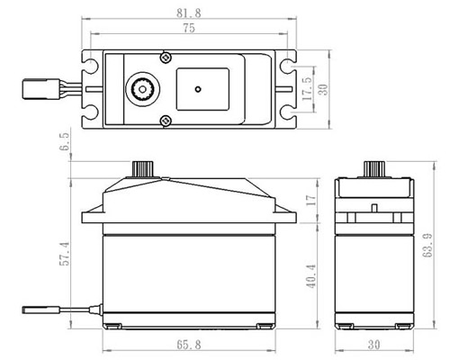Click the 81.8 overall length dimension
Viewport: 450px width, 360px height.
tap(189, 13)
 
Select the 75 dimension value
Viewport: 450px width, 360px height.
tap(189, 28)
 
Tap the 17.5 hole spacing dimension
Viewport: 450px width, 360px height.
tap(308, 88)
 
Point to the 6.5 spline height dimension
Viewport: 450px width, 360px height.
tap(66, 141)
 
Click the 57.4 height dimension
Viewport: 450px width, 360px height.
tap(65, 254)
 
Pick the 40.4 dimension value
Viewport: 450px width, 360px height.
tap(310, 276)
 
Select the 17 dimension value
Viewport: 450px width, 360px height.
tap(310, 200)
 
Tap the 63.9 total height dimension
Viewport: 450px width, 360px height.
tap(427, 245)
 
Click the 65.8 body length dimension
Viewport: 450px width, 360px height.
tap(189, 345)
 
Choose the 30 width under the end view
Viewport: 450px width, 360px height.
tap(373, 345)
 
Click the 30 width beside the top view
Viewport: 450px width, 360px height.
tap(323, 90)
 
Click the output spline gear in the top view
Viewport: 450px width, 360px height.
tap(143, 89)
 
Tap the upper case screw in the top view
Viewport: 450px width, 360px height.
tap(166, 57)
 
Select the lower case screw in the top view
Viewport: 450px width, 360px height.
tap(166, 121)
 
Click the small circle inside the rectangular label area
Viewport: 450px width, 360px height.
tap(198, 89)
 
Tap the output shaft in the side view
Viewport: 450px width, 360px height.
tap(143, 169)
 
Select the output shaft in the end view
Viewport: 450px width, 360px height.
tap(374, 169)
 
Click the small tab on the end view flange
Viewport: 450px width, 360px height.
tap(374, 208)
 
